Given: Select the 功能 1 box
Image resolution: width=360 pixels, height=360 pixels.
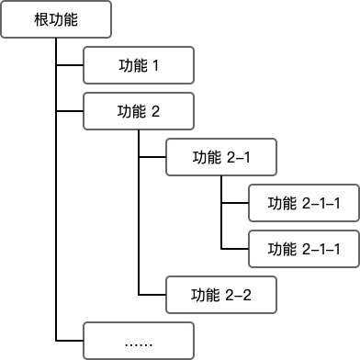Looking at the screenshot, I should click(x=138, y=66).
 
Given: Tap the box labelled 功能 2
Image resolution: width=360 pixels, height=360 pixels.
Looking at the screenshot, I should click(x=138, y=112).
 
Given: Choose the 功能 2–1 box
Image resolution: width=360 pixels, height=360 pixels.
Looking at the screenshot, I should click(x=220, y=158).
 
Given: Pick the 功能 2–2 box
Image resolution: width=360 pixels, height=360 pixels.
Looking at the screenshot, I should click(x=220, y=296).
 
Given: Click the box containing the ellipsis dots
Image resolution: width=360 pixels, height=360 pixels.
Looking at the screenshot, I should click(x=138, y=342).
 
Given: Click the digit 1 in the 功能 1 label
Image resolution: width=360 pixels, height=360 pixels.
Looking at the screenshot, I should click(x=155, y=66).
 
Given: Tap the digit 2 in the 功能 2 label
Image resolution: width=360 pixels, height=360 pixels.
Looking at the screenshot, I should click(x=155, y=112).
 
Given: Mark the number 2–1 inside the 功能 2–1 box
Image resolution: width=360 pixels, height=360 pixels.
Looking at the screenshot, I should click(x=237, y=158).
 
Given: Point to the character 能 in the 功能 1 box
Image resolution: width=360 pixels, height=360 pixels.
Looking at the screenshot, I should click(x=139, y=66).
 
